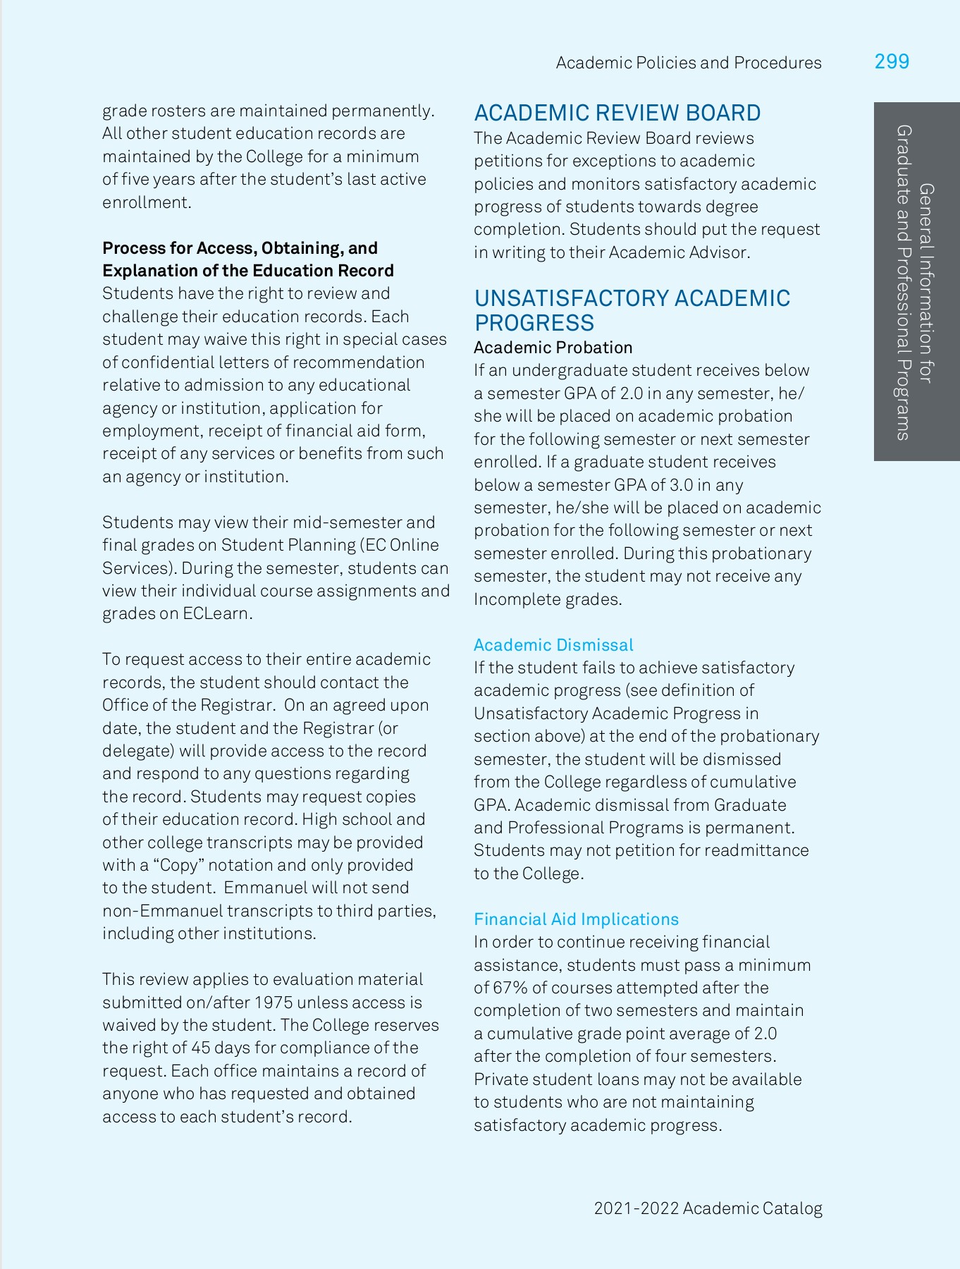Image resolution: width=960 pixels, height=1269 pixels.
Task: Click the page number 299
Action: [892, 62]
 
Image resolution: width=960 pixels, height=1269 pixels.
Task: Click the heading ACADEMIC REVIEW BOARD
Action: [617, 113]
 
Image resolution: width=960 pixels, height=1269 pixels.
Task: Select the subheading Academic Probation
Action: [553, 348]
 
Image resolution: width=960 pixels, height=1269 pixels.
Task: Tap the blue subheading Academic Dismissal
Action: [553, 645]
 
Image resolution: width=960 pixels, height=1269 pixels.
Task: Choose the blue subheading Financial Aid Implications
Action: [576, 919]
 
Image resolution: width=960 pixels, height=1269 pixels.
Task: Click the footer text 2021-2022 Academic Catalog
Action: [708, 1208]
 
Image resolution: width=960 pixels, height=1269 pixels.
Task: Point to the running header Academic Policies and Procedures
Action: [688, 63]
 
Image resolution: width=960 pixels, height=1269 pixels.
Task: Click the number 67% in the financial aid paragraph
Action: [510, 988]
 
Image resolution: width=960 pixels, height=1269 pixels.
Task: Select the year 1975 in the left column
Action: [273, 1003]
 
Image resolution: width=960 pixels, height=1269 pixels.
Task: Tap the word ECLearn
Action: [215, 613]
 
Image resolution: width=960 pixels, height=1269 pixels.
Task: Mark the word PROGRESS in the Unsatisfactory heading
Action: [534, 323]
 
